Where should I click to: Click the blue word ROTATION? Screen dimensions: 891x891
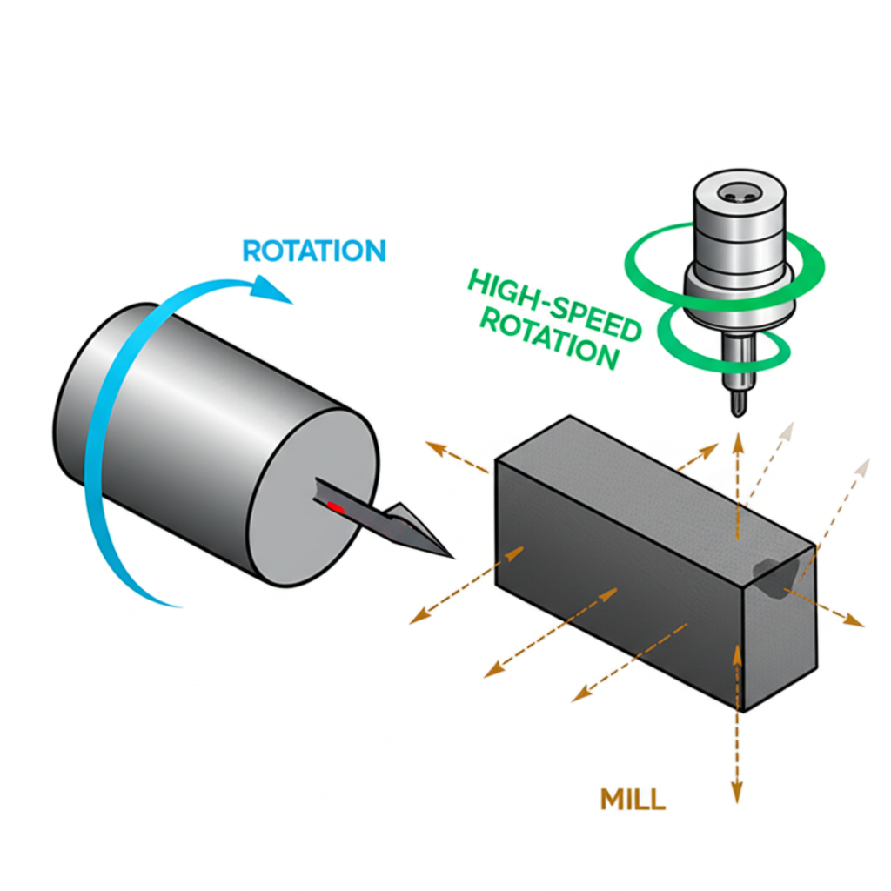pos(313,251)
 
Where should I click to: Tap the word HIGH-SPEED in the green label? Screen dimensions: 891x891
pos(530,296)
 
